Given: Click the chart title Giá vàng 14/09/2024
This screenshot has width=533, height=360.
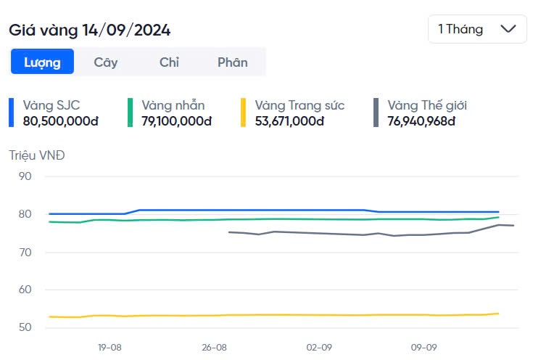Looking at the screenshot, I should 90,30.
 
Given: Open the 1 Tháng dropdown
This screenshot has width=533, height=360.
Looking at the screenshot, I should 477,29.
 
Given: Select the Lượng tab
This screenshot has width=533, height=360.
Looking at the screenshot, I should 42,62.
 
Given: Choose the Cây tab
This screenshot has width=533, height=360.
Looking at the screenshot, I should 106,62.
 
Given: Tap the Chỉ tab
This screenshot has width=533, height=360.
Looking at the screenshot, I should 169,62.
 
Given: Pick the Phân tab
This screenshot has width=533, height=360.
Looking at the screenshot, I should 233,62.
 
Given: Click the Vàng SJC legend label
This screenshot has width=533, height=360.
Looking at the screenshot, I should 51,105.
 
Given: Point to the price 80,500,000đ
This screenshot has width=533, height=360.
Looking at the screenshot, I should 61,120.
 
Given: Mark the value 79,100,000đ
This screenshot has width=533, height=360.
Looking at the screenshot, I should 177,120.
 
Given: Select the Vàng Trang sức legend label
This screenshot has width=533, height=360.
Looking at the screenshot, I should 299,105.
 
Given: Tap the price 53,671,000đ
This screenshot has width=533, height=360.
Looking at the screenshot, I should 290,120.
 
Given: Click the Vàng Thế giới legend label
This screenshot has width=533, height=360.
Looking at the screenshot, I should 427,105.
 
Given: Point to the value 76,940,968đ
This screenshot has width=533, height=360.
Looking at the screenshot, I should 421,120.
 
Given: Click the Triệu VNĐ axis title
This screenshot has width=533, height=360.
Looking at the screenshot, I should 37,155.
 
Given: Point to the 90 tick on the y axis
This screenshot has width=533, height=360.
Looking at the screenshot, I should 25,176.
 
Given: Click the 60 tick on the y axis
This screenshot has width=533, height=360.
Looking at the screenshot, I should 25,290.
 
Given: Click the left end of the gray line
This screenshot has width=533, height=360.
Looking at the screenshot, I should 229,232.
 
